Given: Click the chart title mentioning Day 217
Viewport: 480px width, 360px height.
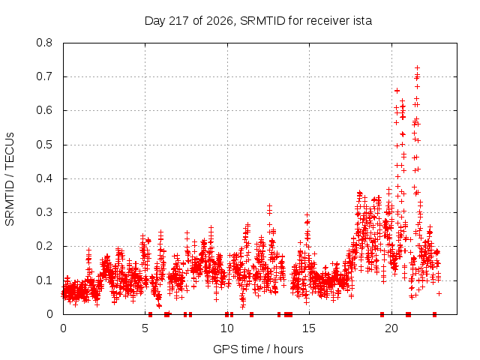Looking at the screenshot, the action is pos(258,21).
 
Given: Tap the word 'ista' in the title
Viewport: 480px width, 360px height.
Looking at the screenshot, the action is pos(362,21).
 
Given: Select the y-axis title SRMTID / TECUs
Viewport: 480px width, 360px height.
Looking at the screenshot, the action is pos(10,179).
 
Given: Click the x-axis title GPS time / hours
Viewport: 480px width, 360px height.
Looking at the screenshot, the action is pos(258,349).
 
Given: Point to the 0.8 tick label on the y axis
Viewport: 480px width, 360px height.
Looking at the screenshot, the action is pos(44,43).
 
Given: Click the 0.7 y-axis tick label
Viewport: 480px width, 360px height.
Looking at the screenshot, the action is pos(44,76).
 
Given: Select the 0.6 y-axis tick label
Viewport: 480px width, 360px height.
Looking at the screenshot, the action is pos(44,110).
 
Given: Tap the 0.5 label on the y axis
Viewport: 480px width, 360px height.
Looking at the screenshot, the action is pos(44,145).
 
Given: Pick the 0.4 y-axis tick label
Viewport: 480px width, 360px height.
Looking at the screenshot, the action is pos(44,178).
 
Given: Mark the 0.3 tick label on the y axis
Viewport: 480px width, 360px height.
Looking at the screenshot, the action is pos(44,212).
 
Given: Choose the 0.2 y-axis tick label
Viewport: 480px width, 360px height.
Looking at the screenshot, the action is pos(44,246).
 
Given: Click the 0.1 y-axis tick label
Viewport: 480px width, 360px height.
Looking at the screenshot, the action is pos(44,280).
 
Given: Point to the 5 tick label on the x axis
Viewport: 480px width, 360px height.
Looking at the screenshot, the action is pos(145,328).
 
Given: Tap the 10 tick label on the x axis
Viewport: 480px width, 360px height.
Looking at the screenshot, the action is pos(227,328).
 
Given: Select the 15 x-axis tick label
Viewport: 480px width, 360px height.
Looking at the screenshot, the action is pos(309,328).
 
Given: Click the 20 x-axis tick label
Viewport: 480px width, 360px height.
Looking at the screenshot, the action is pos(391,328).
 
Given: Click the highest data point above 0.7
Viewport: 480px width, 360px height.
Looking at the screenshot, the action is pos(417,67).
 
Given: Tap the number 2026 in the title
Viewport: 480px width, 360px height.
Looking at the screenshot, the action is pos(220,21).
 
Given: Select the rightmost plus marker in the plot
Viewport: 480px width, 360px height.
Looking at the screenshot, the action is pos(439,293).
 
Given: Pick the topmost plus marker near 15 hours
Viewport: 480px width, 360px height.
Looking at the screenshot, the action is pos(307,215).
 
